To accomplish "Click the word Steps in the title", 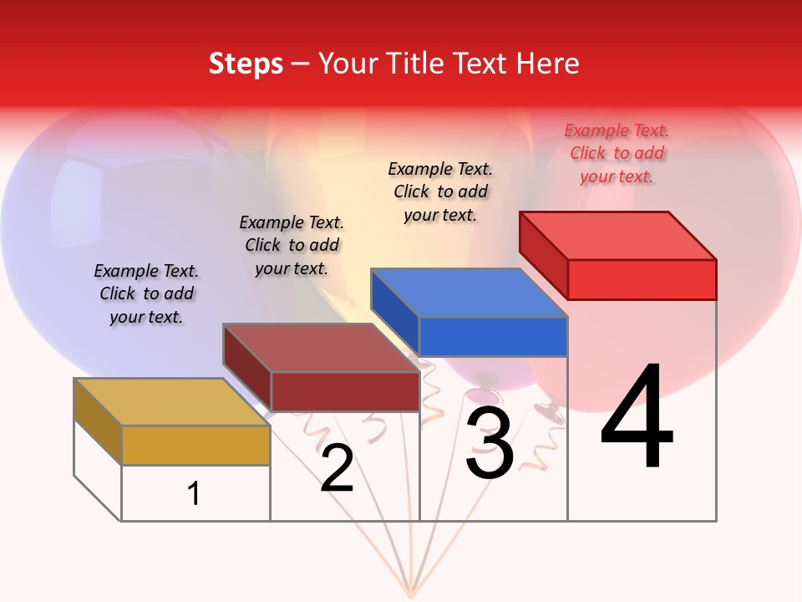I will tap(246, 64).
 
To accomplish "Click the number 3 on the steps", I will tap(489, 443).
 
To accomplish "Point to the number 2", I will tap(337, 468).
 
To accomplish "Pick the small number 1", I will tap(194, 494).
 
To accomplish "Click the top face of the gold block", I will tap(171, 402).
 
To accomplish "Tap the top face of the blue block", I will tap(469, 293).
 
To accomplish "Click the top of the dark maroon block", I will tap(321, 348).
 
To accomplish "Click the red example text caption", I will tap(617, 153).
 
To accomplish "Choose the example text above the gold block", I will tap(146, 293).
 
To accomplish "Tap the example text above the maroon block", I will tap(292, 245).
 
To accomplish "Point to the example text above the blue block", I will tap(440, 191).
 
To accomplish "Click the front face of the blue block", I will tap(493, 336).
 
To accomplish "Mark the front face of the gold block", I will tap(195, 445).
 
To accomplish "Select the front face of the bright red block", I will tap(642, 279).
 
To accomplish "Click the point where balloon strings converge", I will tap(410, 595).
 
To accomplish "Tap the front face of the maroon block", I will tap(345, 391).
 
